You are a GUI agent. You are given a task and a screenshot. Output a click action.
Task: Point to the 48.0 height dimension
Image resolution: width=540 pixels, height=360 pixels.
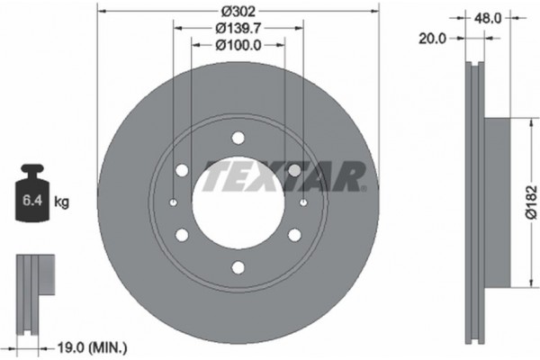click(487, 16)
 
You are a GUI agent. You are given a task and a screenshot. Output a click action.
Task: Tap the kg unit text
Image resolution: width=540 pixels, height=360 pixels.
click(62, 202)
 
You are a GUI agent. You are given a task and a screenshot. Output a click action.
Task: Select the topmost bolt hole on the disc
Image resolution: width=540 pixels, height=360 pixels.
click(238, 138)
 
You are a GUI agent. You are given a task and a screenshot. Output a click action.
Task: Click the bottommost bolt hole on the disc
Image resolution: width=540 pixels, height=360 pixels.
click(238, 266)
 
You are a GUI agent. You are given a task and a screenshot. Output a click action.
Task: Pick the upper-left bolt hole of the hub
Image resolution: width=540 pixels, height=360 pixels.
click(182, 170)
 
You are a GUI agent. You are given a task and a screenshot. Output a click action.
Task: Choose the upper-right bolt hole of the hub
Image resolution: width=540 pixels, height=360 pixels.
click(293, 170)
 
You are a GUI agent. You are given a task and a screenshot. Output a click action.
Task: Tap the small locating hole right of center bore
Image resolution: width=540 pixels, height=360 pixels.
click(303, 202)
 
